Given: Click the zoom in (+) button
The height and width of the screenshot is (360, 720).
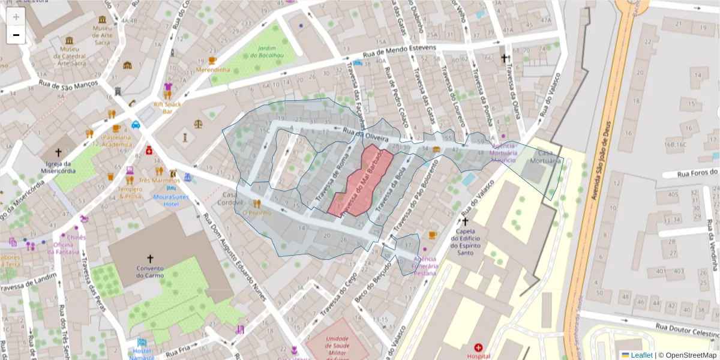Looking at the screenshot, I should [x=16, y=16].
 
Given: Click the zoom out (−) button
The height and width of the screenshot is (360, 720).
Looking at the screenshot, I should [x=16, y=35].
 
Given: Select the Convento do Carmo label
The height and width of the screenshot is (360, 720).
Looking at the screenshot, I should [x=150, y=272].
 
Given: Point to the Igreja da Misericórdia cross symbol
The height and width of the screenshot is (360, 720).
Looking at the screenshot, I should [x=58, y=152].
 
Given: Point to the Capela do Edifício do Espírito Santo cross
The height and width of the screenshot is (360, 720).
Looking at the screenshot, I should [x=465, y=221].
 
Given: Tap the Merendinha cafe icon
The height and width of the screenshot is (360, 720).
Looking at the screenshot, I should [x=212, y=61].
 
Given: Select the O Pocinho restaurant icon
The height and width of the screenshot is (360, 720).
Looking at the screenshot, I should [x=257, y=203].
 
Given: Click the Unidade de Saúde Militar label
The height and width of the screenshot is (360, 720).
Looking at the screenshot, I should [x=338, y=346].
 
